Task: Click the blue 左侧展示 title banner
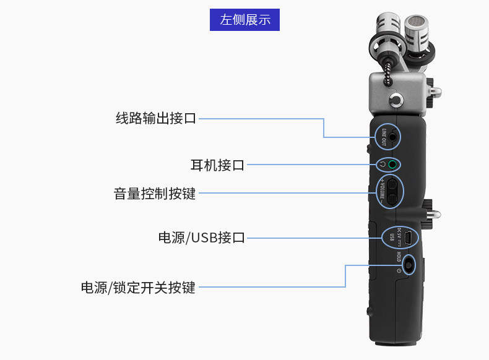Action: tap(245, 19)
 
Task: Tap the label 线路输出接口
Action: tap(156, 118)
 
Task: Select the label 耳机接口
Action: tap(217, 165)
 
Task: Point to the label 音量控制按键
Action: tap(155, 194)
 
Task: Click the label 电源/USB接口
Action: tap(202, 238)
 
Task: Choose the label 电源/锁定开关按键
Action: tap(138, 288)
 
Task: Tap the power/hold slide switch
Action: tap(408, 265)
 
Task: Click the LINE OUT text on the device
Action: tap(384, 137)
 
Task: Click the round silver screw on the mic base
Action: tap(395, 100)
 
